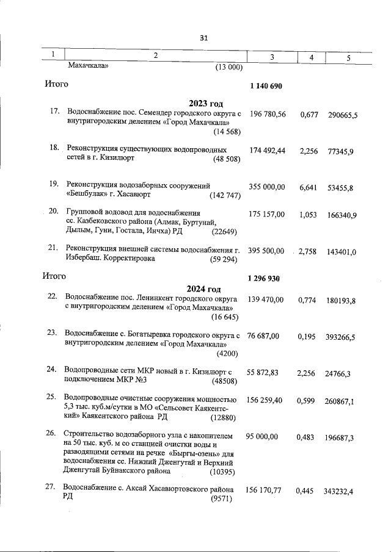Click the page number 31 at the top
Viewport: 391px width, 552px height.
click(204, 38)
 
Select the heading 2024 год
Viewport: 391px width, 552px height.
click(204, 289)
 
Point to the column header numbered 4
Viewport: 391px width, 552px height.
click(312, 56)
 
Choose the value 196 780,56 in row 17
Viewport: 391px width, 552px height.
click(268, 114)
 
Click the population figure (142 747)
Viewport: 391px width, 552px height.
click(225, 196)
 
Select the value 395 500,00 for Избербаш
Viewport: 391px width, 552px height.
click(268, 251)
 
